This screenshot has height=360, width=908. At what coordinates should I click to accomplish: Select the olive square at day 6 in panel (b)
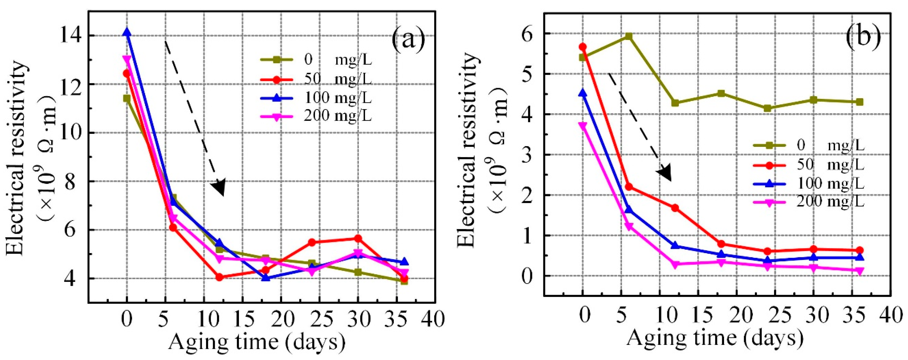click(628, 36)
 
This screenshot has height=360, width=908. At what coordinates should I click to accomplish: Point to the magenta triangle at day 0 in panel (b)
click(583, 126)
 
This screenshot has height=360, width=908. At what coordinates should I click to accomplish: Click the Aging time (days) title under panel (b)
click(715, 338)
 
